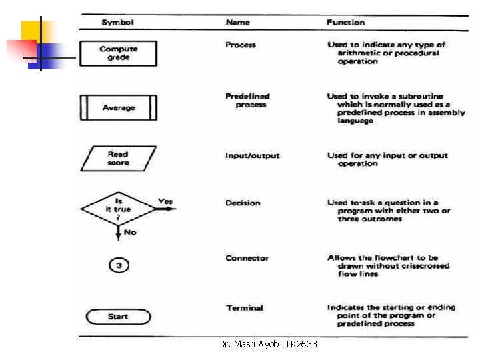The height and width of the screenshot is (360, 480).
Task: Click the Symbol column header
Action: [x=118, y=22]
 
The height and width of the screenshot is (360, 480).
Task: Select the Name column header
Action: [x=238, y=22]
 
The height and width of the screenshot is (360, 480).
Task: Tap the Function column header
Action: [x=345, y=22]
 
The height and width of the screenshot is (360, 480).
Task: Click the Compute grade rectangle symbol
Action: [x=118, y=53]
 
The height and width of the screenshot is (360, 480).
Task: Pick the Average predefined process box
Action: [x=118, y=107]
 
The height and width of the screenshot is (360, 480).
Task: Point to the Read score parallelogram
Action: [x=118, y=159]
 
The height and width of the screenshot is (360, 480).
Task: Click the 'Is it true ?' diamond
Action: [x=118, y=209]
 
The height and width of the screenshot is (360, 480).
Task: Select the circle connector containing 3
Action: [x=118, y=265]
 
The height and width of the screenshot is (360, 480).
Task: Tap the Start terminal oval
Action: [x=118, y=317]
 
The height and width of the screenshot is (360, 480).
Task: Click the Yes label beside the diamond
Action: [x=165, y=201]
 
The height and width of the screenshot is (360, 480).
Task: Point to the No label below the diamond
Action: [x=130, y=232]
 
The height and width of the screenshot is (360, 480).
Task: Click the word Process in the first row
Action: [x=241, y=45]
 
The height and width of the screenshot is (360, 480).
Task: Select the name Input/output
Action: [x=252, y=155]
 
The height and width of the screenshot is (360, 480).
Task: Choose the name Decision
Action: [x=243, y=203]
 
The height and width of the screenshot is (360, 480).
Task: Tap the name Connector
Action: [x=247, y=258]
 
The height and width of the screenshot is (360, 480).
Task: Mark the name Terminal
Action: [x=244, y=307]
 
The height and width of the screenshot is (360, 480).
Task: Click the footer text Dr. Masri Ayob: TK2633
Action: [x=267, y=344]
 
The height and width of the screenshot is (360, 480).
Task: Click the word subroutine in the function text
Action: [x=421, y=96]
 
